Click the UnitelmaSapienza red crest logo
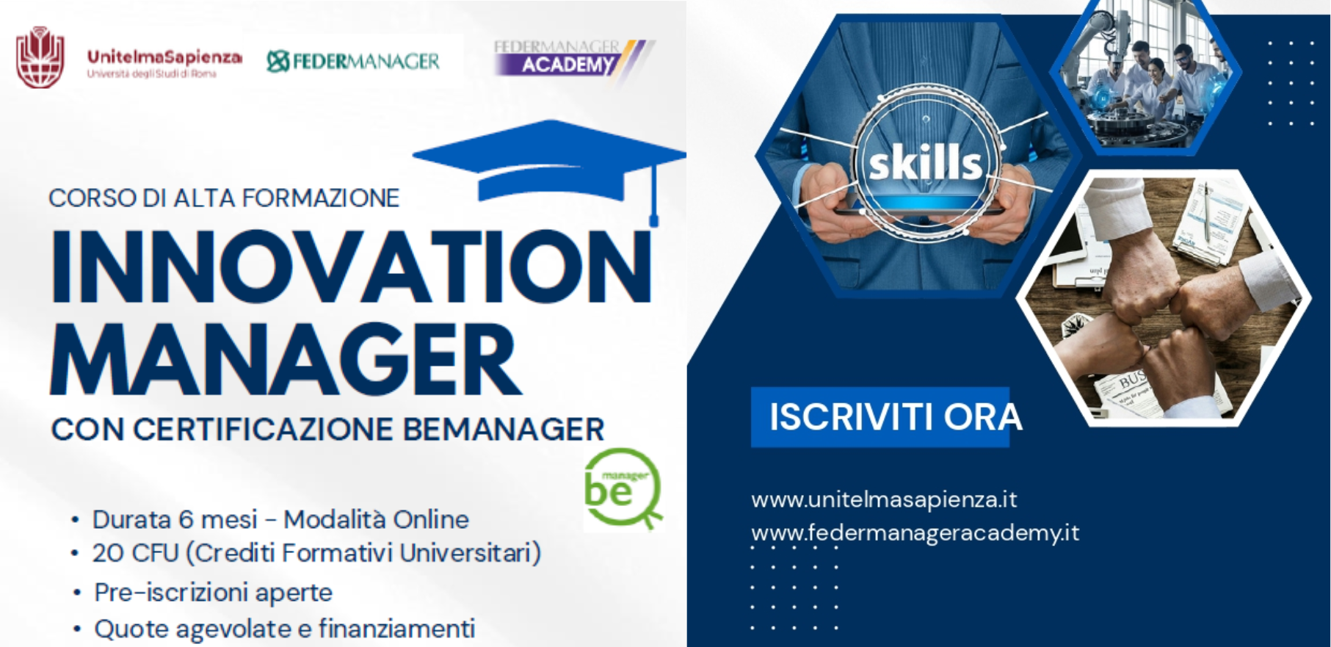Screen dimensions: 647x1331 coord(40,58)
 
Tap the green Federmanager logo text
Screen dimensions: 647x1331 coord(353,61)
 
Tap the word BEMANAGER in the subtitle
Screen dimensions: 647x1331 coord(504,430)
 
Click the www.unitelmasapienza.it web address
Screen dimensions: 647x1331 coord(884,500)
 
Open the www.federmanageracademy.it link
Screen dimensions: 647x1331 coord(915,532)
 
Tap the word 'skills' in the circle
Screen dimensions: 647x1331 coord(925,163)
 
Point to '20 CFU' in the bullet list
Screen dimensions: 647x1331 coord(135,553)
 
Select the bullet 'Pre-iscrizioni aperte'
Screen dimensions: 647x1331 coord(213,593)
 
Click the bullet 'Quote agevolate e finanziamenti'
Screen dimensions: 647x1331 coord(284,629)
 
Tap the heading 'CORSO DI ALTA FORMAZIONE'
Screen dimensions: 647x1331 coord(224,198)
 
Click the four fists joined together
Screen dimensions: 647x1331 coord(1162,301)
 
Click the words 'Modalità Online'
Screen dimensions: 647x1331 coord(376,520)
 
